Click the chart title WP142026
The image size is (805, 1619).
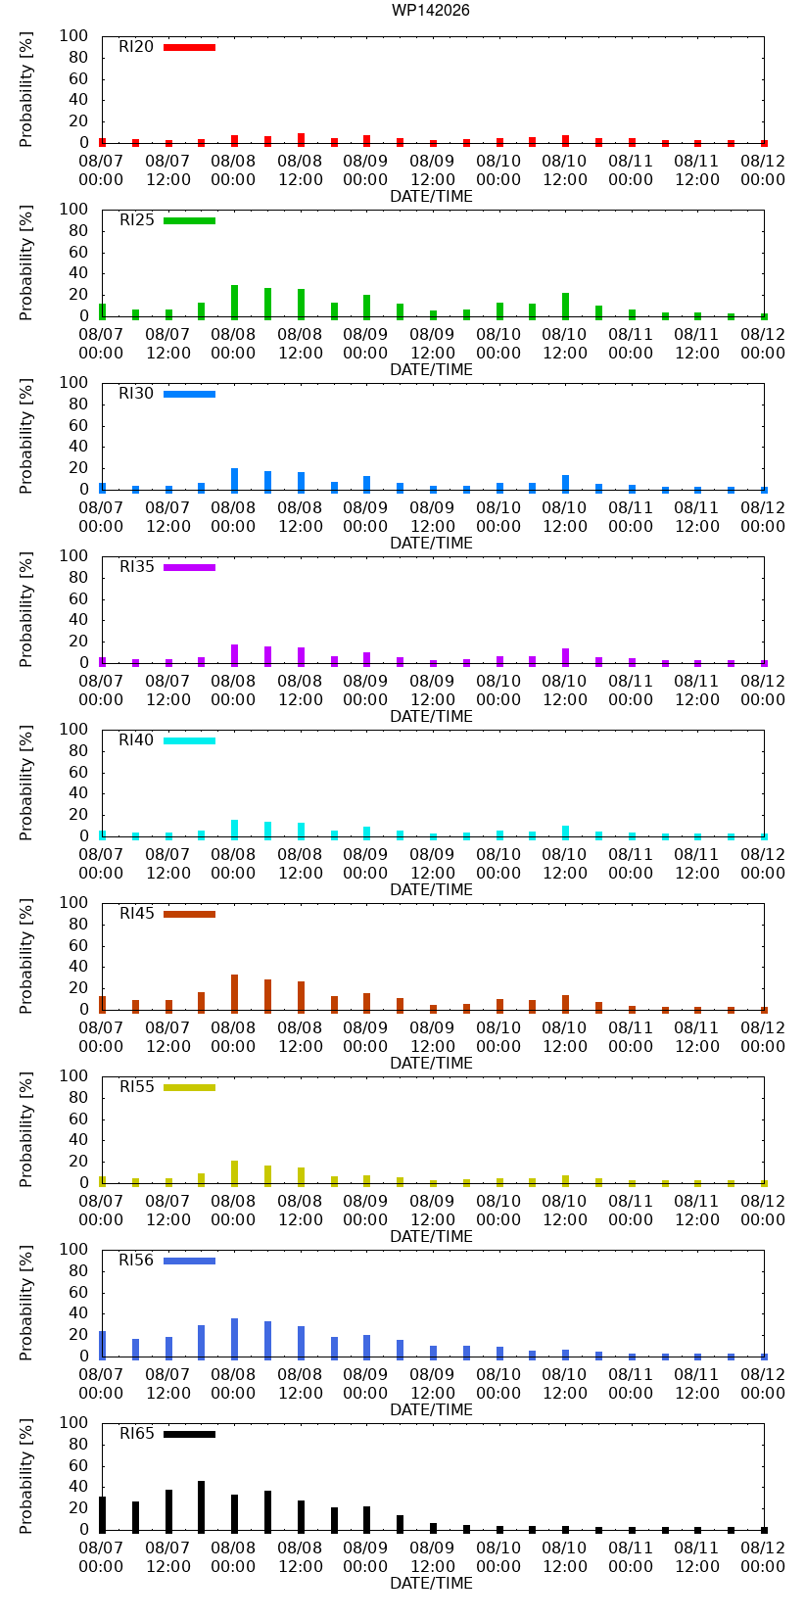pyautogui.click(x=431, y=10)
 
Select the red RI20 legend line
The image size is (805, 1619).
pyautogui.click(x=189, y=48)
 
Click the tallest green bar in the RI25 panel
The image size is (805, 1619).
pyautogui.click(x=234, y=302)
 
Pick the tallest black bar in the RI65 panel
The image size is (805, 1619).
pyautogui.click(x=201, y=1506)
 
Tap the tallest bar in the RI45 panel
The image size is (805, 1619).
pyautogui.click(x=234, y=994)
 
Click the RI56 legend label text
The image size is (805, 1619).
pyautogui.click(x=136, y=1260)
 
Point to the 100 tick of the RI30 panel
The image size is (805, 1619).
pyautogui.click(x=73, y=382)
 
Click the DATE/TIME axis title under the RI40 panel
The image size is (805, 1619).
pyautogui.click(x=432, y=889)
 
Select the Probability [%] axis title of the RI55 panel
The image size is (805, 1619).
pyautogui.click(x=26, y=1129)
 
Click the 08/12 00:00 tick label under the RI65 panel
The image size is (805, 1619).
pyautogui.click(x=762, y=1557)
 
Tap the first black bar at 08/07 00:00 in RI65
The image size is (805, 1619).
pyautogui.click(x=103, y=1514)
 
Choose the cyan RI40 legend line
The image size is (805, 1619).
pyautogui.click(x=189, y=740)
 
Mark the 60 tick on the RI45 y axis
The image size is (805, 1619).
pyautogui.click(x=78, y=945)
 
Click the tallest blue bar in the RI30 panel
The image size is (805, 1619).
pyautogui.click(x=234, y=481)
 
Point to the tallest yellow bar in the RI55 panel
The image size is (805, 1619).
pyautogui.click(x=234, y=1173)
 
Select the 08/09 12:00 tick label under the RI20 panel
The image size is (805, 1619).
pyautogui.click(x=432, y=169)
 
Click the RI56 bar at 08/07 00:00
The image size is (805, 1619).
pyautogui.click(x=103, y=1345)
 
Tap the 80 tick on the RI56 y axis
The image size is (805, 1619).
pyautogui.click(x=78, y=1270)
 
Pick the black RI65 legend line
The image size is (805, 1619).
pyautogui.click(x=189, y=1434)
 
